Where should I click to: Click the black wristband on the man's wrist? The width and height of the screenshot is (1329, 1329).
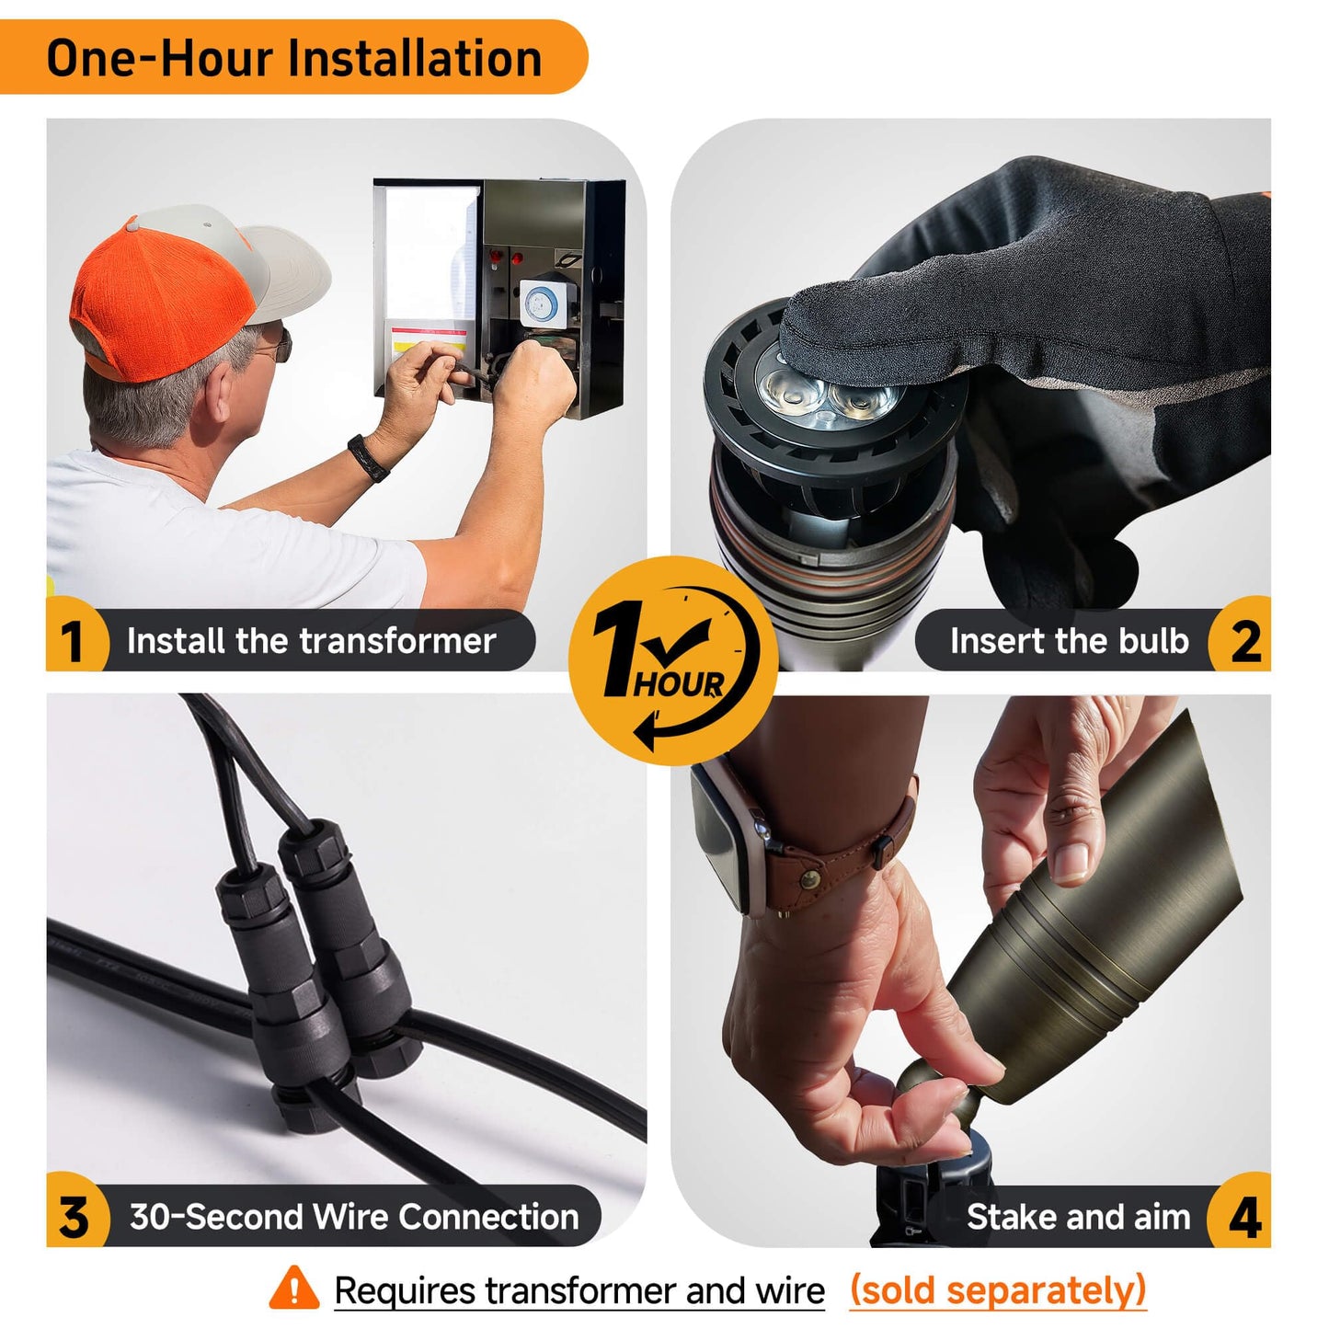click(x=368, y=457)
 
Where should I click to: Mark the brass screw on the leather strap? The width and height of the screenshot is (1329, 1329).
click(x=809, y=879)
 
